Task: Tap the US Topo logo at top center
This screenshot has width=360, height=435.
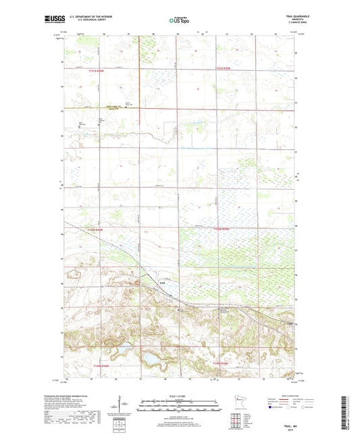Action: (x=180, y=21)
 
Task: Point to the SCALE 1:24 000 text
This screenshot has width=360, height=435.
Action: (x=179, y=394)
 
